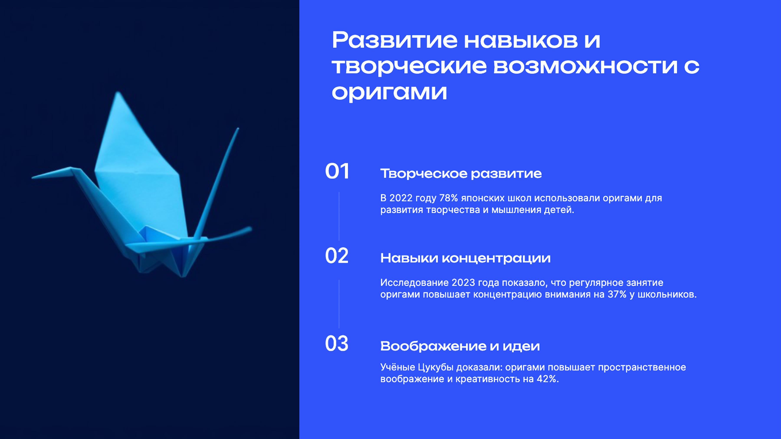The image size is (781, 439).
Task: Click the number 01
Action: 337,171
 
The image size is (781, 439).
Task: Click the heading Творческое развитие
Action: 461,174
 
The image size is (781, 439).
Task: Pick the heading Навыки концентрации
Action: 465,258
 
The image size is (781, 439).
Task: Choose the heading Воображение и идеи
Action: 460,346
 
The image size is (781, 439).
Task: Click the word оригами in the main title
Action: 389,92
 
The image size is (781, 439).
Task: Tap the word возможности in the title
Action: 585,66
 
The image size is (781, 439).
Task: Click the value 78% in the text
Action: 448,198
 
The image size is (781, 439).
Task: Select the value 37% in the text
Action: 617,294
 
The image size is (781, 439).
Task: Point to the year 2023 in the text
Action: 463,283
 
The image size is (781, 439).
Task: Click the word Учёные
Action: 397,367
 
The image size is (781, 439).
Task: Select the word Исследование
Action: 414,283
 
